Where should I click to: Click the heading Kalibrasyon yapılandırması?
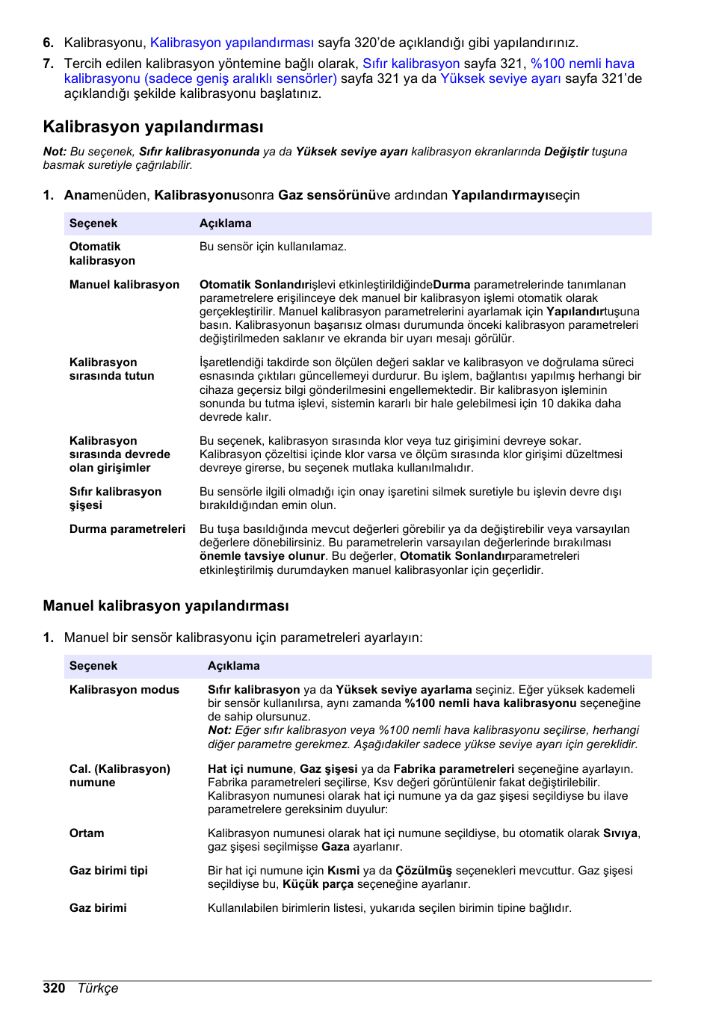(x=153, y=126)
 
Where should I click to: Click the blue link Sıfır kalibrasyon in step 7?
(x=411, y=64)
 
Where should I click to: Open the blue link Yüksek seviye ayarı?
(x=500, y=78)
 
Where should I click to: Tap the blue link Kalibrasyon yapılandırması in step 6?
(x=232, y=43)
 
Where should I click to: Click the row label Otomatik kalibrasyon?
(x=102, y=253)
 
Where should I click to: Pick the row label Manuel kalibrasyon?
(x=124, y=285)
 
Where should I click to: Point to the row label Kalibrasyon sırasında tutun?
(x=111, y=369)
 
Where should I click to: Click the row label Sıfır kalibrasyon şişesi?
(x=115, y=499)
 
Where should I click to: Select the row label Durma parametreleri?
(x=127, y=529)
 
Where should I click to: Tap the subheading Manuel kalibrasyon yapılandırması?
(x=165, y=606)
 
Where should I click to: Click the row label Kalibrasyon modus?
(x=124, y=690)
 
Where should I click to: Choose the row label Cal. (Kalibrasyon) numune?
(x=120, y=776)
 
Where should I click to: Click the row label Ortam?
(x=87, y=833)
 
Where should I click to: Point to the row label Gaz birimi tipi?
(x=108, y=871)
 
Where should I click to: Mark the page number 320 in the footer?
(x=54, y=988)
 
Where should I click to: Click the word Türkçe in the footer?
(x=98, y=988)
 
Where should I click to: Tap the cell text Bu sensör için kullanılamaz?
(x=273, y=247)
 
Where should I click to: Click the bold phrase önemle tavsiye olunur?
(x=262, y=556)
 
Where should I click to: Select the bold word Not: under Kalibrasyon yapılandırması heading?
(x=55, y=152)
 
